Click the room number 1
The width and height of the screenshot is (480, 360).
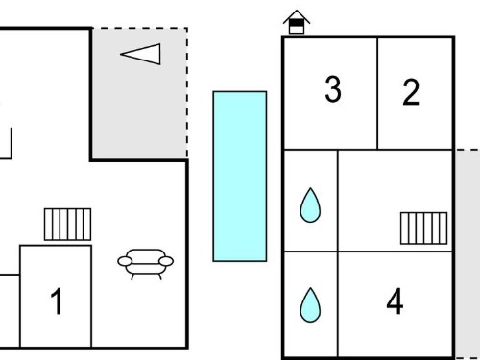[57, 301]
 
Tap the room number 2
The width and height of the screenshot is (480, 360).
[411, 92]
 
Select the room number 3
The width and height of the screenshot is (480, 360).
[333, 89]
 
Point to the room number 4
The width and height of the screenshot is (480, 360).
[395, 300]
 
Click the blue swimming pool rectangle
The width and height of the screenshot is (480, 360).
[240, 177]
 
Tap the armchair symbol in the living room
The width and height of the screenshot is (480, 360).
[146, 264]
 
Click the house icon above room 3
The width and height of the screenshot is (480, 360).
[297, 22]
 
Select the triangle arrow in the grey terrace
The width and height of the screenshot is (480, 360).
[140, 54]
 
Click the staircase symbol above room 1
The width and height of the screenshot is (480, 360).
[67, 225]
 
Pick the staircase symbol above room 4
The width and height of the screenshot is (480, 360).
[424, 228]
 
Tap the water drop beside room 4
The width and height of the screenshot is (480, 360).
[310, 304]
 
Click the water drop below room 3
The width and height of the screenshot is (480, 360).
[310, 204]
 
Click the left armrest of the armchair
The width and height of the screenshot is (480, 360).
[125, 261]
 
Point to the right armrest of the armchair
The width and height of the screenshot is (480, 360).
[166, 261]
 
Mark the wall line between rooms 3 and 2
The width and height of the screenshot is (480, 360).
[377, 93]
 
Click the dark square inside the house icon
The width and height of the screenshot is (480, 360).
[297, 23]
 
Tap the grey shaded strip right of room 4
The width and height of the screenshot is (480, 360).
[468, 253]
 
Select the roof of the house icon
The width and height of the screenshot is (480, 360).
[297, 16]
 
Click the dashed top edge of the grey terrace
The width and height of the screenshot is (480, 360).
[140, 28]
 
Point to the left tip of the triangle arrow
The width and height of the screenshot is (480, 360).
[121, 54]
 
